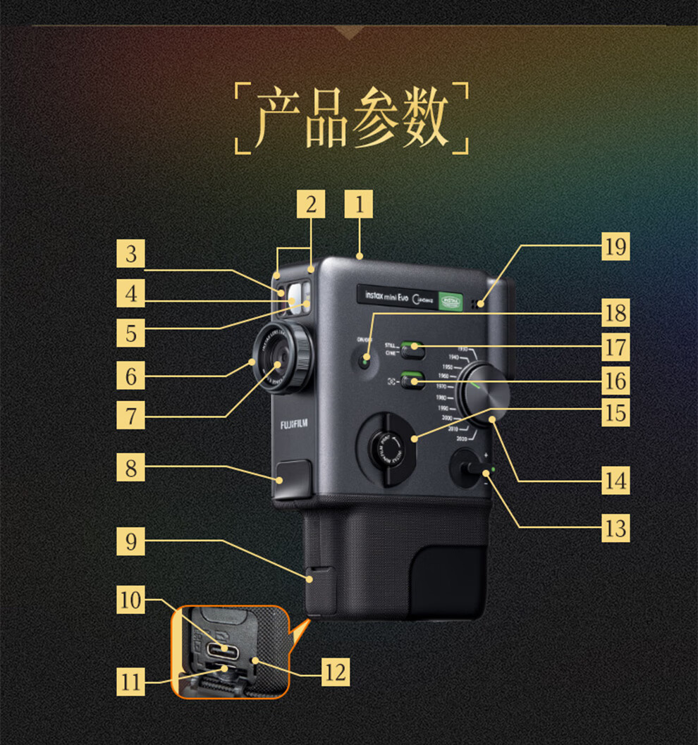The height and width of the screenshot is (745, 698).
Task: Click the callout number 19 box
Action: (x=616, y=247)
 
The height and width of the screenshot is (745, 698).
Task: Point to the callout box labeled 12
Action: (x=335, y=672)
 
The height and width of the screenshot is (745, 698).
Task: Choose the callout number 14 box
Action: (x=616, y=481)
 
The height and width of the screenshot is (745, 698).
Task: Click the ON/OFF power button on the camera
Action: (x=365, y=361)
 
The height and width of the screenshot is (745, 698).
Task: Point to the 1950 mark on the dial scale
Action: (x=448, y=367)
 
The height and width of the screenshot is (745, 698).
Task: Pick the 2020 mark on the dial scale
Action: (x=463, y=438)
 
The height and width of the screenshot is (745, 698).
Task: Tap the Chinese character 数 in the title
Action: (x=424, y=118)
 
